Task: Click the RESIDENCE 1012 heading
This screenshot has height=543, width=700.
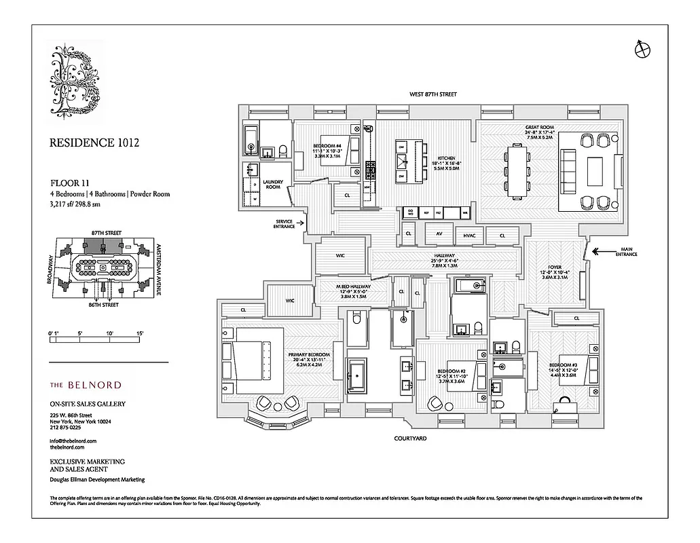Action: (x=95, y=143)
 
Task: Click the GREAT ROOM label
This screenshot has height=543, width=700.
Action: (x=540, y=127)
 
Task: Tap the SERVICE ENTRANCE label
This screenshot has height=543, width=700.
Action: (x=284, y=224)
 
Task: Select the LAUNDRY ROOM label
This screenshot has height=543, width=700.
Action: (x=273, y=184)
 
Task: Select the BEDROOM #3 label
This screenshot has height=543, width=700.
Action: (x=562, y=365)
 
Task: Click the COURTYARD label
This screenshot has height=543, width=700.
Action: (x=410, y=439)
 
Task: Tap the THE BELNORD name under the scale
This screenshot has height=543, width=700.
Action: (x=86, y=385)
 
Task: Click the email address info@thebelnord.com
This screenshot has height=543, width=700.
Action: (x=73, y=441)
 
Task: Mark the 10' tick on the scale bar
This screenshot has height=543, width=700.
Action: (x=109, y=333)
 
